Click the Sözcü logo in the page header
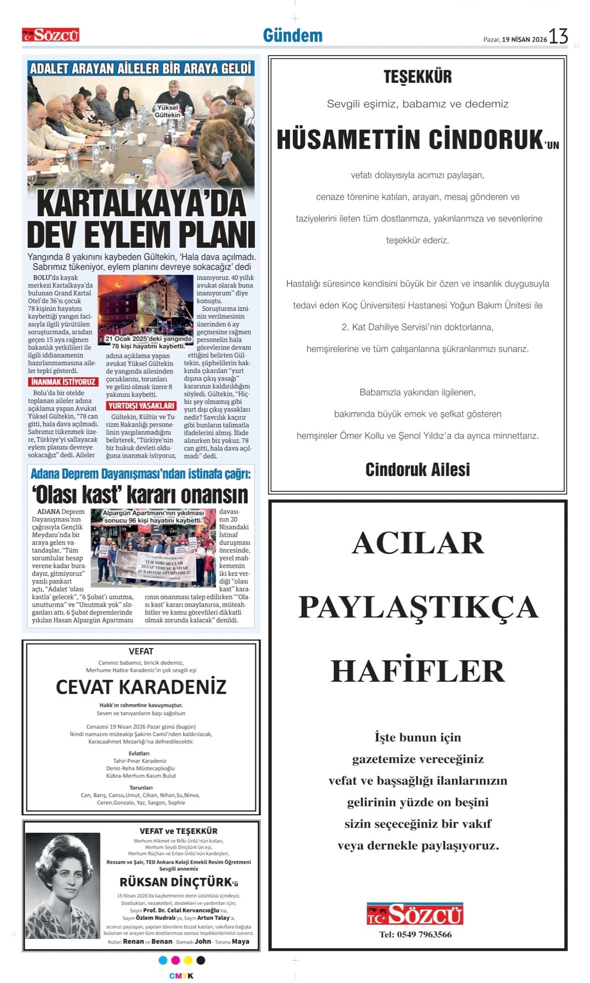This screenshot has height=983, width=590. pyautogui.click(x=51, y=35)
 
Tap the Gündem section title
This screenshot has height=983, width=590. pyautogui.click(x=293, y=36)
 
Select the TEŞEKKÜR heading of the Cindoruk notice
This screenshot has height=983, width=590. pyautogui.click(x=417, y=77)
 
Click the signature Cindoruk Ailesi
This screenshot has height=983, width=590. pyautogui.click(x=417, y=469)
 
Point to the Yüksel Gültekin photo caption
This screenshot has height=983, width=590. pyautogui.click(x=167, y=111)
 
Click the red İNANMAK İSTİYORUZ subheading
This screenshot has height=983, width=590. pyautogui.click(x=63, y=382)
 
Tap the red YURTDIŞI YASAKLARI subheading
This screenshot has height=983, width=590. pyautogui.click(x=141, y=405)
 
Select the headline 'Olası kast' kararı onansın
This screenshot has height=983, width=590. pyautogui.click(x=141, y=495)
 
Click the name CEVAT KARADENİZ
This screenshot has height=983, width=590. pyautogui.click(x=141, y=687)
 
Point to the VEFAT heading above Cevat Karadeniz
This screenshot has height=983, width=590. pyautogui.click(x=141, y=651)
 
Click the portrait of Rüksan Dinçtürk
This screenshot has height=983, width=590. pyautogui.click(x=63, y=886)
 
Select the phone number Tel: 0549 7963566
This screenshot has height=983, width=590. pyautogui.click(x=415, y=934)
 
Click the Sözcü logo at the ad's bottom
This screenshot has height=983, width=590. pyautogui.click(x=415, y=914)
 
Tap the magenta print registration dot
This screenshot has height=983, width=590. pyautogui.click(x=175, y=960)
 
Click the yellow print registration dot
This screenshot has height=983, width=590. pyautogui.click(x=188, y=960)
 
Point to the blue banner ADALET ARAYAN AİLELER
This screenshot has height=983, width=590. pyautogui.click(x=141, y=69)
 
